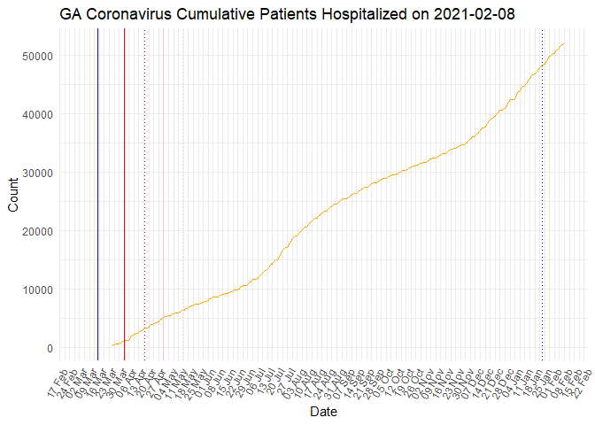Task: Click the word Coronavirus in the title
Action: click(128, 15)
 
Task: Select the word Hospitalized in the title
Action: click(374, 15)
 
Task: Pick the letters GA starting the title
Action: click(73, 15)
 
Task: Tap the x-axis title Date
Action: click(322, 412)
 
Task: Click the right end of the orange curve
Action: click(564, 44)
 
